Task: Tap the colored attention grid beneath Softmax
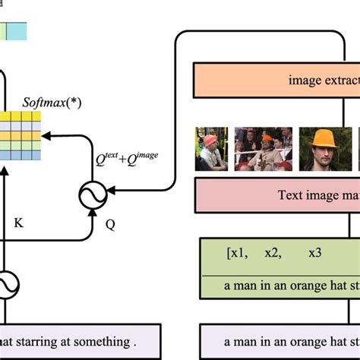(20, 136)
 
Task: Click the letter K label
(20, 225)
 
